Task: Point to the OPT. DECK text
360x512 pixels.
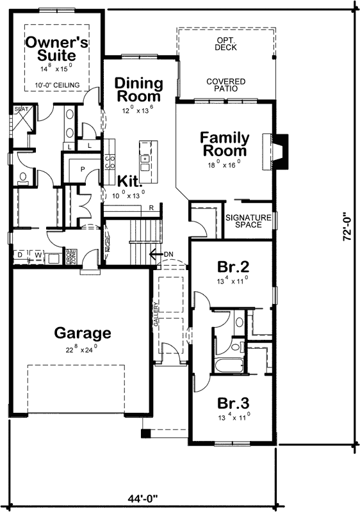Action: pos(225,44)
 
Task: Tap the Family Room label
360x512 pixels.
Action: pos(223,144)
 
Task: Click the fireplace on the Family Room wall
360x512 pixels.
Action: pos(281,152)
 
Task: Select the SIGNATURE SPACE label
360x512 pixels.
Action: pos(249,222)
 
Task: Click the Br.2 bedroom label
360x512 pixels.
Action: pos(233,267)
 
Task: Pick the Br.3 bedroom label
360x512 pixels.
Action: pos(233,404)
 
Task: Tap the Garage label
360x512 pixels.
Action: pos(83,333)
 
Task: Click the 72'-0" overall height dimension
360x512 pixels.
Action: pos(347,227)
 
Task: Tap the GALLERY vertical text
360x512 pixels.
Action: pos(155,315)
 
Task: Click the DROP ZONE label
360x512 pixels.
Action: pos(73,257)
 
